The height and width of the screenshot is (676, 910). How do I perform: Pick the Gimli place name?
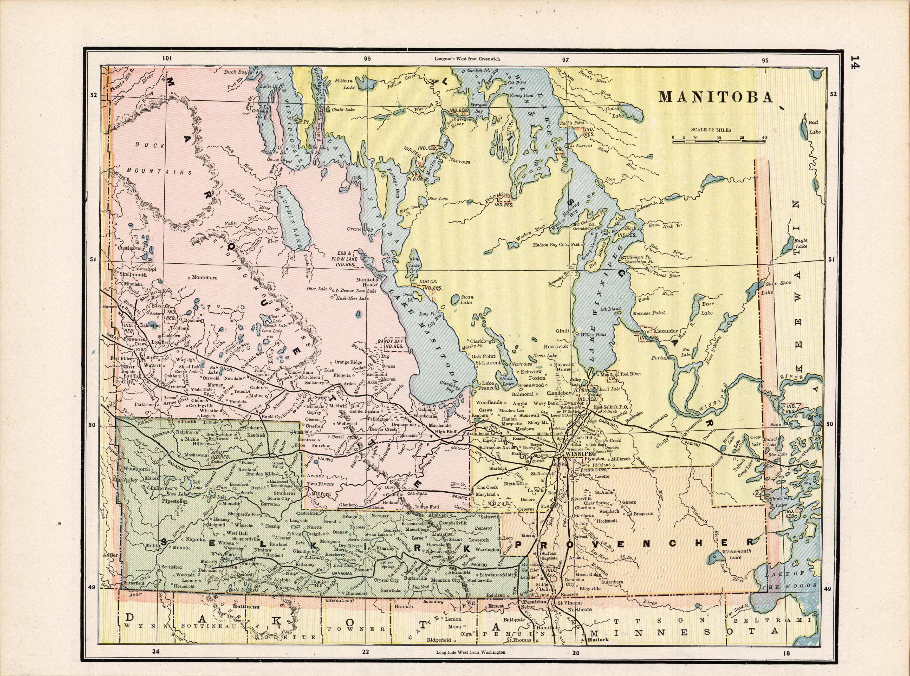pos(562,331)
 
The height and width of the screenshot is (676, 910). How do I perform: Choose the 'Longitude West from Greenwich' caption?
pos(467,58)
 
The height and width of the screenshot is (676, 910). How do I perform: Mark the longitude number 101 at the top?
pos(167,58)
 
